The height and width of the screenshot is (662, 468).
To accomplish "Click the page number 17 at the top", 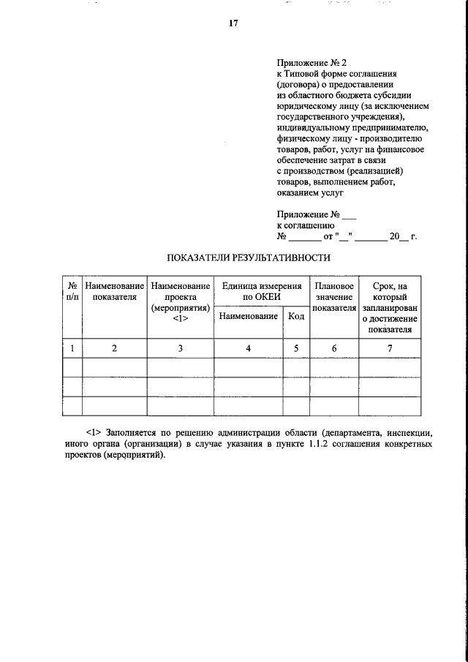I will [234, 23].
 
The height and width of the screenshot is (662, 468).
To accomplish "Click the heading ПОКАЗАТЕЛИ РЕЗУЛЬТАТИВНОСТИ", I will [249, 257].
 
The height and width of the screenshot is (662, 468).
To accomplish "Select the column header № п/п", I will [72, 291].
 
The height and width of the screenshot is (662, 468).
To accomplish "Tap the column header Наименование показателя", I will [114, 291].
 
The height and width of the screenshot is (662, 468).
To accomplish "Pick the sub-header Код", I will [296, 316].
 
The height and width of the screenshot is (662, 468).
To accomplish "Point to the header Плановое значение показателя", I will [334, 297].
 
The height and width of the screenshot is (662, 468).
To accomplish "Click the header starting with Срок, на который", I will [390, 307].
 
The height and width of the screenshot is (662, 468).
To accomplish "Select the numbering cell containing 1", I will [72, 348].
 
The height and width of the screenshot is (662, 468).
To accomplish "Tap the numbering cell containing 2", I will [114, 348].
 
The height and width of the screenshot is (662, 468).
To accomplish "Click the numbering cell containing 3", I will [180, 348].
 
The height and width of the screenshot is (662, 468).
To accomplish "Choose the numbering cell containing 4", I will [249, 348].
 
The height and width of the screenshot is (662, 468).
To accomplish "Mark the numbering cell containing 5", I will [296, 348].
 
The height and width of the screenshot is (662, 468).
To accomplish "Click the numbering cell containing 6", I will [334, 348].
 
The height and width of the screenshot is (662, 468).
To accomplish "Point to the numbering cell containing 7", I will [390, 348].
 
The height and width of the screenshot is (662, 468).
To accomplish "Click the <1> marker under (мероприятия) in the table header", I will [180, 320].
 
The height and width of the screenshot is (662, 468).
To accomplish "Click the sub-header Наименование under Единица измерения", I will [249, 316].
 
